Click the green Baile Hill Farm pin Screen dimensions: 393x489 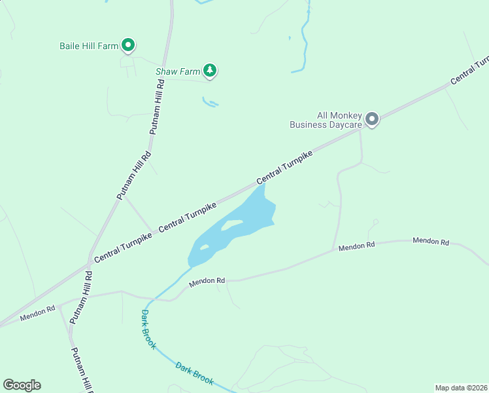pos(129,45)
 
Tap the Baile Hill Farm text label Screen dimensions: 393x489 pos(89,46)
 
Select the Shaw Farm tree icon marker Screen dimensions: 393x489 pos(209,70)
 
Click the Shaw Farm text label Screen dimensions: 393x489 pos(177,71)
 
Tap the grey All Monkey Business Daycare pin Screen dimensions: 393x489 pos(372,119)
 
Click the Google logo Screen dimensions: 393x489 pos(22,385)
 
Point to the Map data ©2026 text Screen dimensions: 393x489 pos(460,388)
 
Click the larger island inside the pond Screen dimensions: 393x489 pos(233,225)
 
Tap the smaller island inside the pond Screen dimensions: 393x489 pos(204,248)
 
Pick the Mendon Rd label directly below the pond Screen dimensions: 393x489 pos(207,281)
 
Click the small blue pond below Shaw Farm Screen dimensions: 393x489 pos(210,102)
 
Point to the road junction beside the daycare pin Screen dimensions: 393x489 pos(360,130)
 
